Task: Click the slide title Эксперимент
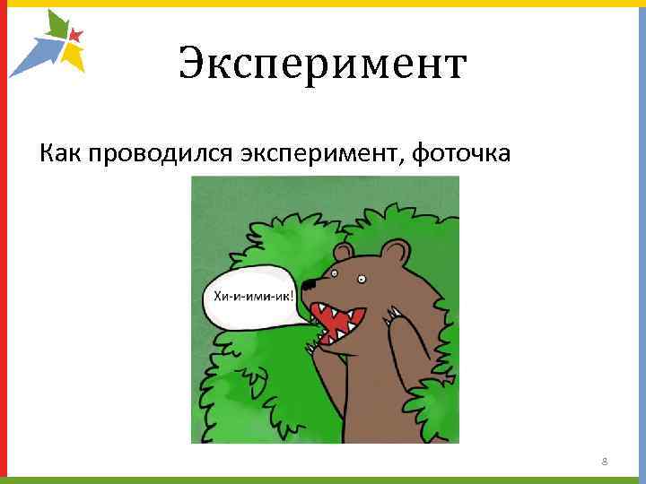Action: pyautogui.click(x=322, y=65)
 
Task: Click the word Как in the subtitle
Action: pyautogui.click(x=60, y=153)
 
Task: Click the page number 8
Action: pyautogui.click(x=605, y=462)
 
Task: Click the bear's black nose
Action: pyautogui.click(x=307, y=286)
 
